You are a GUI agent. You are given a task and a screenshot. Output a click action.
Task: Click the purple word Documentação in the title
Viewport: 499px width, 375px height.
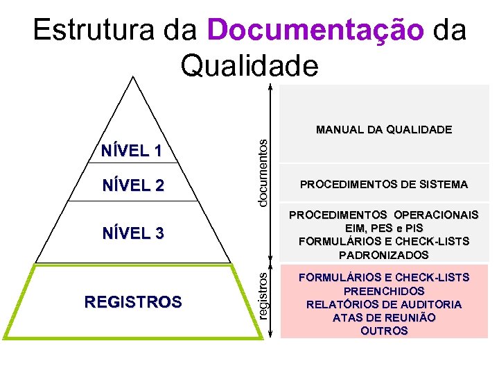315,31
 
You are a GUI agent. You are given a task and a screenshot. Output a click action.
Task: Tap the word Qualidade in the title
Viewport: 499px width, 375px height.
249,66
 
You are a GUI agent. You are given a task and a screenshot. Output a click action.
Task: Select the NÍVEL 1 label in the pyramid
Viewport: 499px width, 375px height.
132,151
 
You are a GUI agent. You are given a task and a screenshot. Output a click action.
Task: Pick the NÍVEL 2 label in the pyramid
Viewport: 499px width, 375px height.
132,185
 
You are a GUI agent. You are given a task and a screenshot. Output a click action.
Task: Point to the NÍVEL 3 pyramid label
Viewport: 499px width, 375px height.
132,233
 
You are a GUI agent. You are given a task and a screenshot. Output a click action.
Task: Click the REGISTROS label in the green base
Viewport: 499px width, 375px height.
133,302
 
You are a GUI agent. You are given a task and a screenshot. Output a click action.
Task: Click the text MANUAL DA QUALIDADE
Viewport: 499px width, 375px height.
384,129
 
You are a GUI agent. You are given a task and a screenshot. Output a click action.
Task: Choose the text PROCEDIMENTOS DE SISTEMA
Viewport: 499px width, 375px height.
384,185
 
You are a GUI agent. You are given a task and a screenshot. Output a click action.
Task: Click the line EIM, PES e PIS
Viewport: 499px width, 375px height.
384,228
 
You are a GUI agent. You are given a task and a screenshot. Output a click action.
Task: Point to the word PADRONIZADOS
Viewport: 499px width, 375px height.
384,255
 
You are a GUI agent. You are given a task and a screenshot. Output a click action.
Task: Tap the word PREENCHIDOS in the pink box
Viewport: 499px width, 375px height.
384,291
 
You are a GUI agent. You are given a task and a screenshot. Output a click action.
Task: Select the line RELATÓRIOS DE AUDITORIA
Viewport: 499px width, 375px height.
384,304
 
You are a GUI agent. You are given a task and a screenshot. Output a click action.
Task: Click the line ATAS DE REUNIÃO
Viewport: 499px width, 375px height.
384,317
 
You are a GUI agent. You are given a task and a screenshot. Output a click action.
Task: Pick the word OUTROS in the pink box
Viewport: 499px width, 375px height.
384,331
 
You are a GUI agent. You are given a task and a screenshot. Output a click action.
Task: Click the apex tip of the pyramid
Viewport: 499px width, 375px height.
132,77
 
